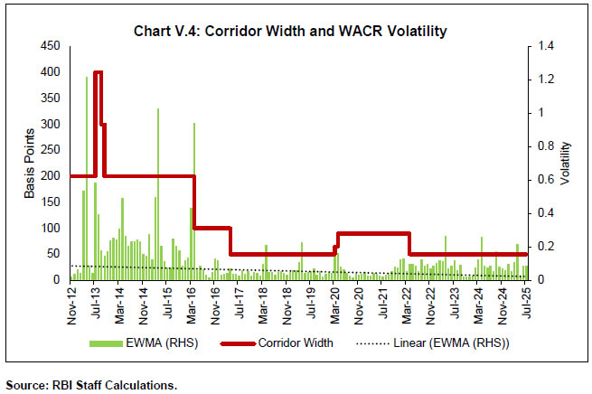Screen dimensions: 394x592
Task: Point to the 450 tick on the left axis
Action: (x=52, y=46)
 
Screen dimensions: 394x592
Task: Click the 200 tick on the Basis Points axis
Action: (x=52, y=176)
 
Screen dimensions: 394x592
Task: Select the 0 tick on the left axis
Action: (x=58, y=280)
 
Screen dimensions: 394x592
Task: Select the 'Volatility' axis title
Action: (x=564, y=163)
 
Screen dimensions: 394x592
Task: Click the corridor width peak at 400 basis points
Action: (x=98, y=72)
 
